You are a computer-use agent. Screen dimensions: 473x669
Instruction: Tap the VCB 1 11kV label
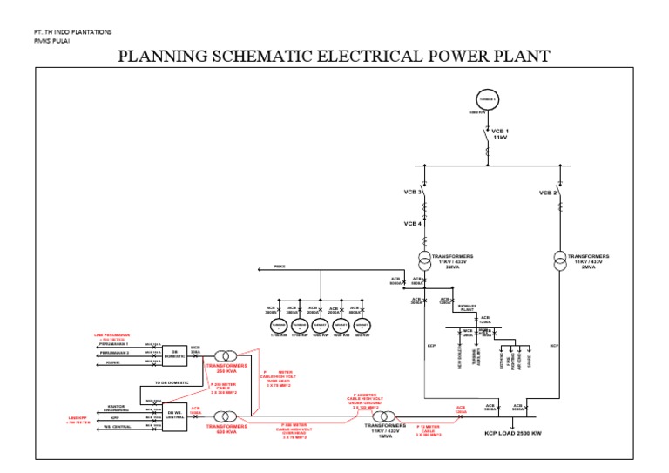pos(499,134)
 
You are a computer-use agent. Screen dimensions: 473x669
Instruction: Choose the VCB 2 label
pos(548,192)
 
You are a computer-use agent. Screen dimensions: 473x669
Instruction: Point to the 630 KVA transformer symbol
pos(225,417)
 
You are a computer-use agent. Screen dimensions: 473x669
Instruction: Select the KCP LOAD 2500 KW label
pos(515,431)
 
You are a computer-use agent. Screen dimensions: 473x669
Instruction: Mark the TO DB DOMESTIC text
pos(171,382)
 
